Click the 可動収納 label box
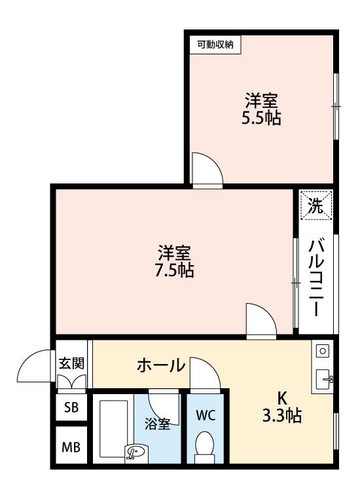(215, 45)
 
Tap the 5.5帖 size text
(261, 118)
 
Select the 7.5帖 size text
(174, 270)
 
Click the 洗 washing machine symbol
(316, 206)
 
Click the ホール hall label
(161, 365)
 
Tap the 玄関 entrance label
(72, 363)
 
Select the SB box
(71, 407)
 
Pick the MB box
(71, 447)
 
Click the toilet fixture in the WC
(205, 447)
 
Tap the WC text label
(206, 416)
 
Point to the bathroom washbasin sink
(135, 452)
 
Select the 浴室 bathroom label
(157, 424)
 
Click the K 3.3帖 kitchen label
(282, 407)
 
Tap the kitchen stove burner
(323, 351)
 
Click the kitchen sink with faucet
(324, 379)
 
